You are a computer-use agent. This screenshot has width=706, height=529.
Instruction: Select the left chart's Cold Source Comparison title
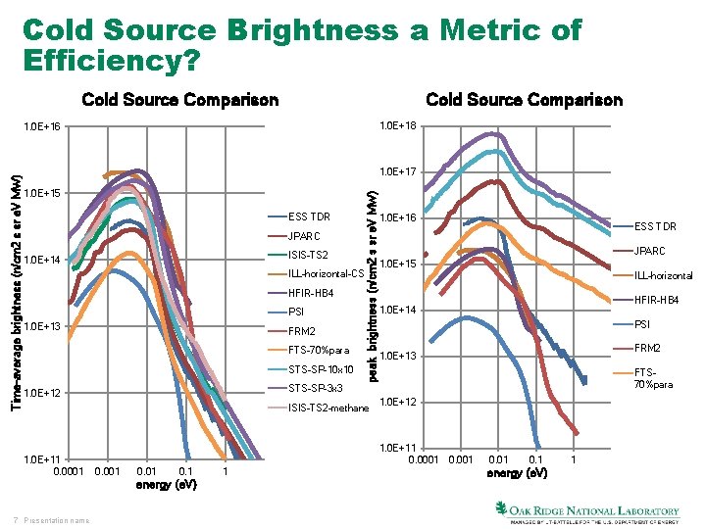[180, 100]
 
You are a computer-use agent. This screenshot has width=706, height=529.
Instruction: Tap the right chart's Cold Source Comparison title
[524, 100]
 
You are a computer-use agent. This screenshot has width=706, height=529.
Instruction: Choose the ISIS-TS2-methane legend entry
[327, 408]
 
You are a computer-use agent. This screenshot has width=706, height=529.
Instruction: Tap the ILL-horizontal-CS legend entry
[327, 273]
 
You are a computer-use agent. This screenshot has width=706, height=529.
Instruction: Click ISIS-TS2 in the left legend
[310, 255]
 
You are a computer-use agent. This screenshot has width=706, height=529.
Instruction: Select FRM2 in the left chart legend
[302, 331]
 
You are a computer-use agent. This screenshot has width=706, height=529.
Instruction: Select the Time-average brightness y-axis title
[14, 279]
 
